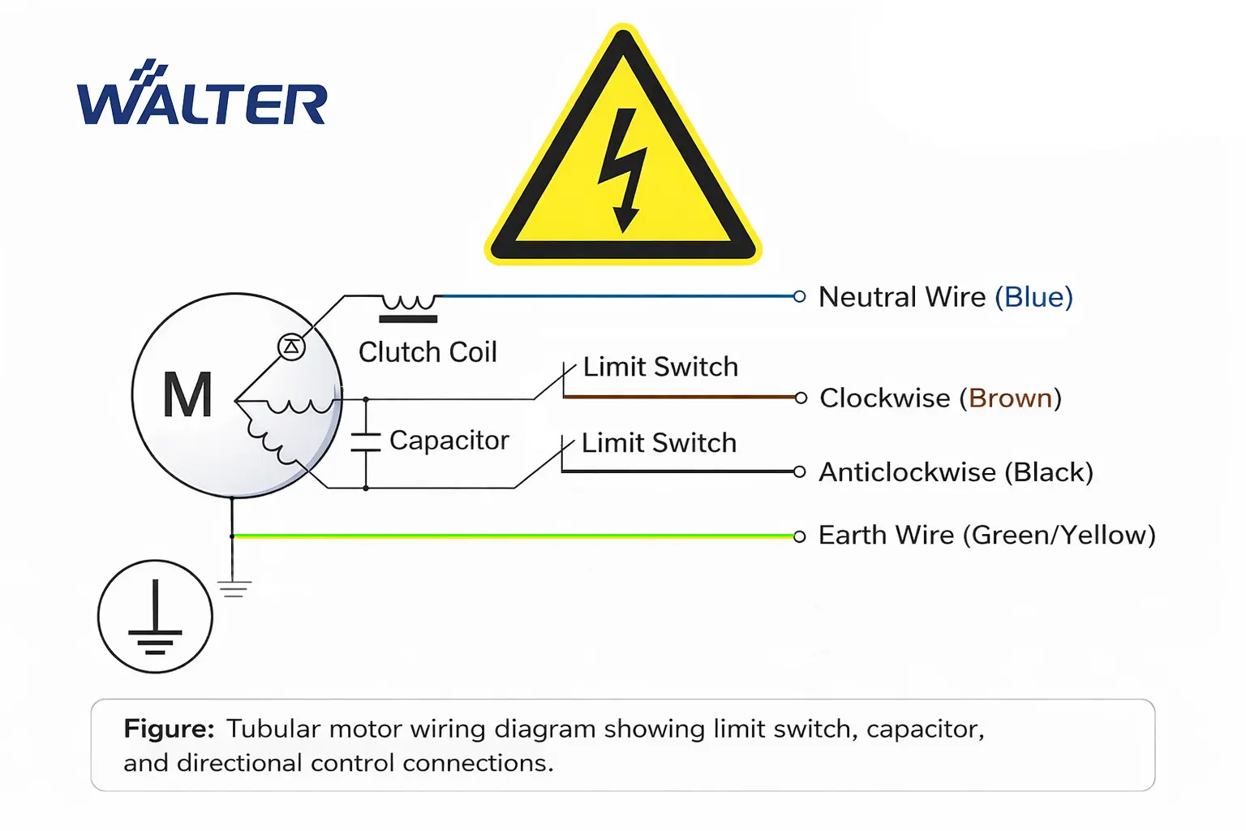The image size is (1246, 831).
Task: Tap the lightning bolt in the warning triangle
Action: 623,169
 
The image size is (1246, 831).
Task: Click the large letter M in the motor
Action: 187,395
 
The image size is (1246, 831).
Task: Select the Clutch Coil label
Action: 428,352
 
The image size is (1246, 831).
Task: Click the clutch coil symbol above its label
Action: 409,308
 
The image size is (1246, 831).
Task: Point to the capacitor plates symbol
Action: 366,441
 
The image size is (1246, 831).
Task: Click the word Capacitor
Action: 449,440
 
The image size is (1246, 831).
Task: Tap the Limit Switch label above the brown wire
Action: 660,367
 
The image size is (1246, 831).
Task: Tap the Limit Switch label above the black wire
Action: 659,443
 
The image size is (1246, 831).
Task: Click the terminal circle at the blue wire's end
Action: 799,296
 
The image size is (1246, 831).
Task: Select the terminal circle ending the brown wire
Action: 801,398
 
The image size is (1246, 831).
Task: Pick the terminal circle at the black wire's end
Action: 799,471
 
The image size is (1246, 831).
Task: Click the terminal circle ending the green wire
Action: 799,536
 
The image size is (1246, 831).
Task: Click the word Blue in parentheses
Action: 1033,297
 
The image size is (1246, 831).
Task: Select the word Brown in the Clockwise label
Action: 1010,398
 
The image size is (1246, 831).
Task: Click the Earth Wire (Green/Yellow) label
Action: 986,536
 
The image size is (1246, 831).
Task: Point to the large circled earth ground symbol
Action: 155,617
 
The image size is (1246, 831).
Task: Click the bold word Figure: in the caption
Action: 169,729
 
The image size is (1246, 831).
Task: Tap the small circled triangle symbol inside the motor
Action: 291,347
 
